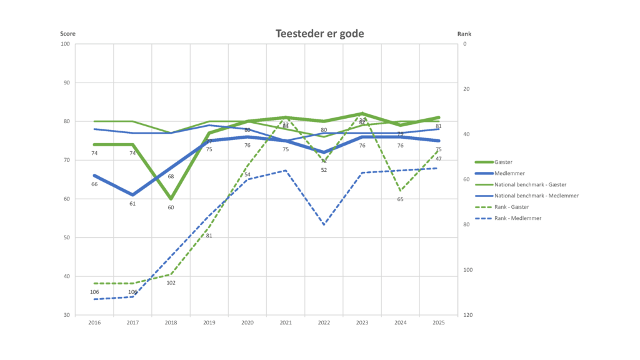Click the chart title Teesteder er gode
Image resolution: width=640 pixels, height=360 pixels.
click(319, 34)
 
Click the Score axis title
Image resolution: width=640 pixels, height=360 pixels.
click(67, 34)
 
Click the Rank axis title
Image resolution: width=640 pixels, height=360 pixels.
click(464, 34)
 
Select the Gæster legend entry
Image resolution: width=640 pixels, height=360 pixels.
click(502, 162)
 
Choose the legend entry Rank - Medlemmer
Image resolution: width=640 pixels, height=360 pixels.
click(517, 218)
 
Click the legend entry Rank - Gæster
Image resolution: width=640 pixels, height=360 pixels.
click(512, 207)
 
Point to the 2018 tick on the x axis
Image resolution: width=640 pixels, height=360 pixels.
click(171, 322)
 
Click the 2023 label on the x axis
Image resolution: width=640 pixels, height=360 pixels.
click(362, 322)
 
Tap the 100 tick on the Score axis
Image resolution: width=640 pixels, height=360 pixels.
click(65, 44)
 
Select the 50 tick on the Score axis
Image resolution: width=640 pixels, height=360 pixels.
click(66, 237)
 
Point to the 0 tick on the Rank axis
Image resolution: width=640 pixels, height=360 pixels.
click(465, 44)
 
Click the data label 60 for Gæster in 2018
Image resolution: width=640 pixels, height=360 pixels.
click(171, 207)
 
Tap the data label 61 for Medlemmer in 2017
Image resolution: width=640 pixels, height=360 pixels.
click(132, 204)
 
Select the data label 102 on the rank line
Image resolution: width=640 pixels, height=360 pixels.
click(171, 283)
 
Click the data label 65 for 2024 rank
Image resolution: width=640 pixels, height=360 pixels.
click(400, 199)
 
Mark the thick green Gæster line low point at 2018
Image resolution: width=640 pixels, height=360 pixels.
click(171, 199)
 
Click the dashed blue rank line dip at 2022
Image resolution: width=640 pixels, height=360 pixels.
click(324, 224)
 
